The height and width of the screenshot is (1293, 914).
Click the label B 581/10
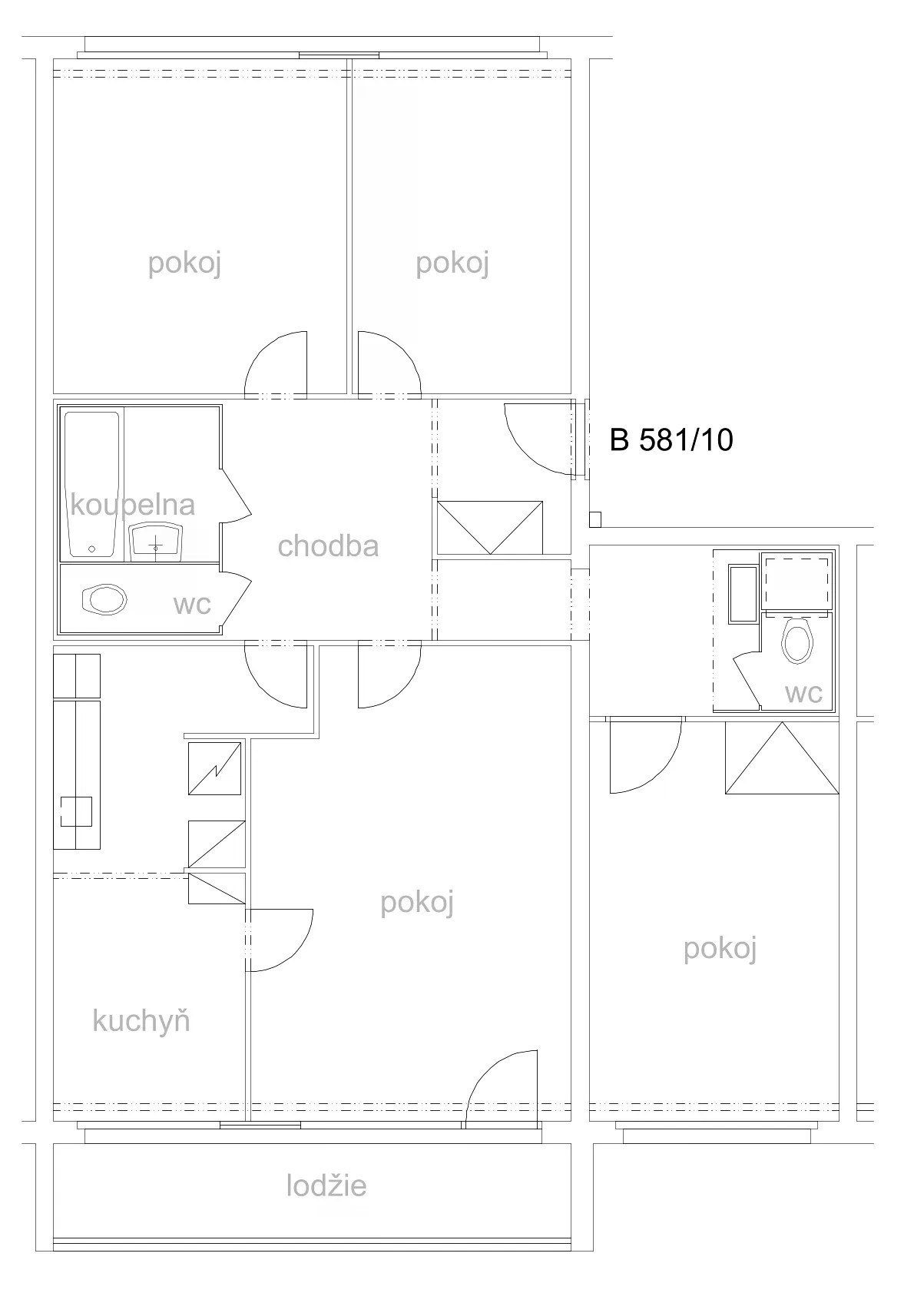(x=671, y=440)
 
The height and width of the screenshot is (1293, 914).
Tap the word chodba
(x=328, y=545)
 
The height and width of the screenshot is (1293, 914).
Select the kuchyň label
(x=141, y=1020)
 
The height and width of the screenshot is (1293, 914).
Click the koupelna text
(x=133, y=506)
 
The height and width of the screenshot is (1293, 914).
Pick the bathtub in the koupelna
(x=91, y=484)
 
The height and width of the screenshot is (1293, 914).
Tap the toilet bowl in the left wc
(x=105, y=600)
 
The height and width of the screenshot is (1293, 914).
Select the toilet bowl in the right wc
(x=797, y=641)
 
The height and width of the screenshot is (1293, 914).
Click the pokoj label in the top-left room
(x=184, y=264)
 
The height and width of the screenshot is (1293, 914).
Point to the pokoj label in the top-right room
(x=452, y=264)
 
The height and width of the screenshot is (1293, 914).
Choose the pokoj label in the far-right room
(x=720, y=949)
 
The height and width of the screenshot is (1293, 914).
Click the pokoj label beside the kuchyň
(x=417, y=902)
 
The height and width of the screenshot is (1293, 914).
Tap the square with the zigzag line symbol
(x=214, y=768)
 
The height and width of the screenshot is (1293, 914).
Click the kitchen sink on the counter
(x=76, y=811)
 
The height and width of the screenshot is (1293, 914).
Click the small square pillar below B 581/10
(x=595, y=519)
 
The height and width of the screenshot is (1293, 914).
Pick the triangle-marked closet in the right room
(x=782, y=758)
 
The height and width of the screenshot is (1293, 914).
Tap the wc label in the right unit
(x=803, y=693)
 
